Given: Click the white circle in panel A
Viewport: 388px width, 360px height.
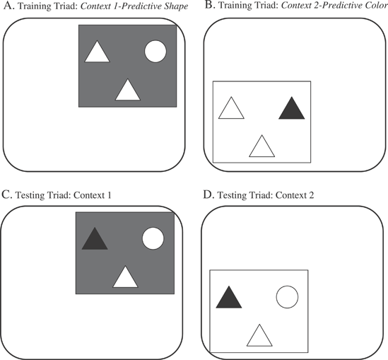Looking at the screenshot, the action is coord(155,52).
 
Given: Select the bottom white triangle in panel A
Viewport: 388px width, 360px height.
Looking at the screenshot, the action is coord(128,91).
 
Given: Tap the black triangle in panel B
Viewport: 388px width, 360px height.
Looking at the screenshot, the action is coord(292,110).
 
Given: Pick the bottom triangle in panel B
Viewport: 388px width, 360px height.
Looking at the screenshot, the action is coord(261,148).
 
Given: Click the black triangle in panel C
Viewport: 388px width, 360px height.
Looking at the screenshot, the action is coord(95,240).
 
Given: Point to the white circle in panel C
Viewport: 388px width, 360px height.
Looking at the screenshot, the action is coord(153,238).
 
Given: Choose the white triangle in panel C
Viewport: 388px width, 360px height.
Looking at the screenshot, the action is coord(125,279).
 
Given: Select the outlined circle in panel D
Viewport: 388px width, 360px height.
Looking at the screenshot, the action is coord(287,297).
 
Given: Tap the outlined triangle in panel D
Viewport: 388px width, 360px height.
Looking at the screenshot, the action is coord(259,337).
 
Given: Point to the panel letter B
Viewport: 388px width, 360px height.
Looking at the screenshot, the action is coord(210,5).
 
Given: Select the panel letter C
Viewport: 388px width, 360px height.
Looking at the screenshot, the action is coord(6,195).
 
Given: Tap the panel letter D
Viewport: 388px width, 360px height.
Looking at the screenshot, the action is coord(208,195).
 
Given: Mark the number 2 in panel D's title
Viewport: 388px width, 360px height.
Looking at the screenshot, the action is coord(311,195).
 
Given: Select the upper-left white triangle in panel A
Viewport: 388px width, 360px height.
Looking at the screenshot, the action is coord(98,53).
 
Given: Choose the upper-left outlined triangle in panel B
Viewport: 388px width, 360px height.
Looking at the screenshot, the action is coord(231,110).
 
